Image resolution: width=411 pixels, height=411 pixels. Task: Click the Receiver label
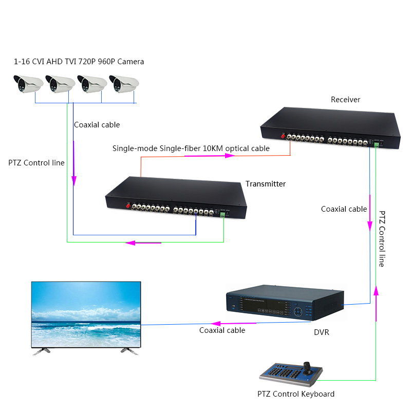[x=345, y=100]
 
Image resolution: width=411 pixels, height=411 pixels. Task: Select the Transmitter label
[x=265, y=184]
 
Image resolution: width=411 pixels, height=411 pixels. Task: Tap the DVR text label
[x=321, y=332]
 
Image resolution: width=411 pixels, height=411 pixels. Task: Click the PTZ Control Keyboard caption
[x=296, y=394]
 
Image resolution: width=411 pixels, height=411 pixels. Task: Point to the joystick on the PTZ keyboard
[x=308, y=366]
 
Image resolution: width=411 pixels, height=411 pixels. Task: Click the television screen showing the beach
[x=86, y=314]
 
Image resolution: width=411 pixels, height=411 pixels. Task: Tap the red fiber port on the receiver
[x=282, y=137]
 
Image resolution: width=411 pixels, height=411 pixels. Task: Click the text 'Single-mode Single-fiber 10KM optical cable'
[x=191, y=148]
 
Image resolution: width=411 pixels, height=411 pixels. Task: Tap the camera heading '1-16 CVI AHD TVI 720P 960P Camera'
[x=79, y=62]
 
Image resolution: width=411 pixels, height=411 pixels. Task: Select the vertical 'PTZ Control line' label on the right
[x=382, y=238]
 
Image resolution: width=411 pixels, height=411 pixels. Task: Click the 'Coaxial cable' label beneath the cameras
[x=97, y=125]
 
